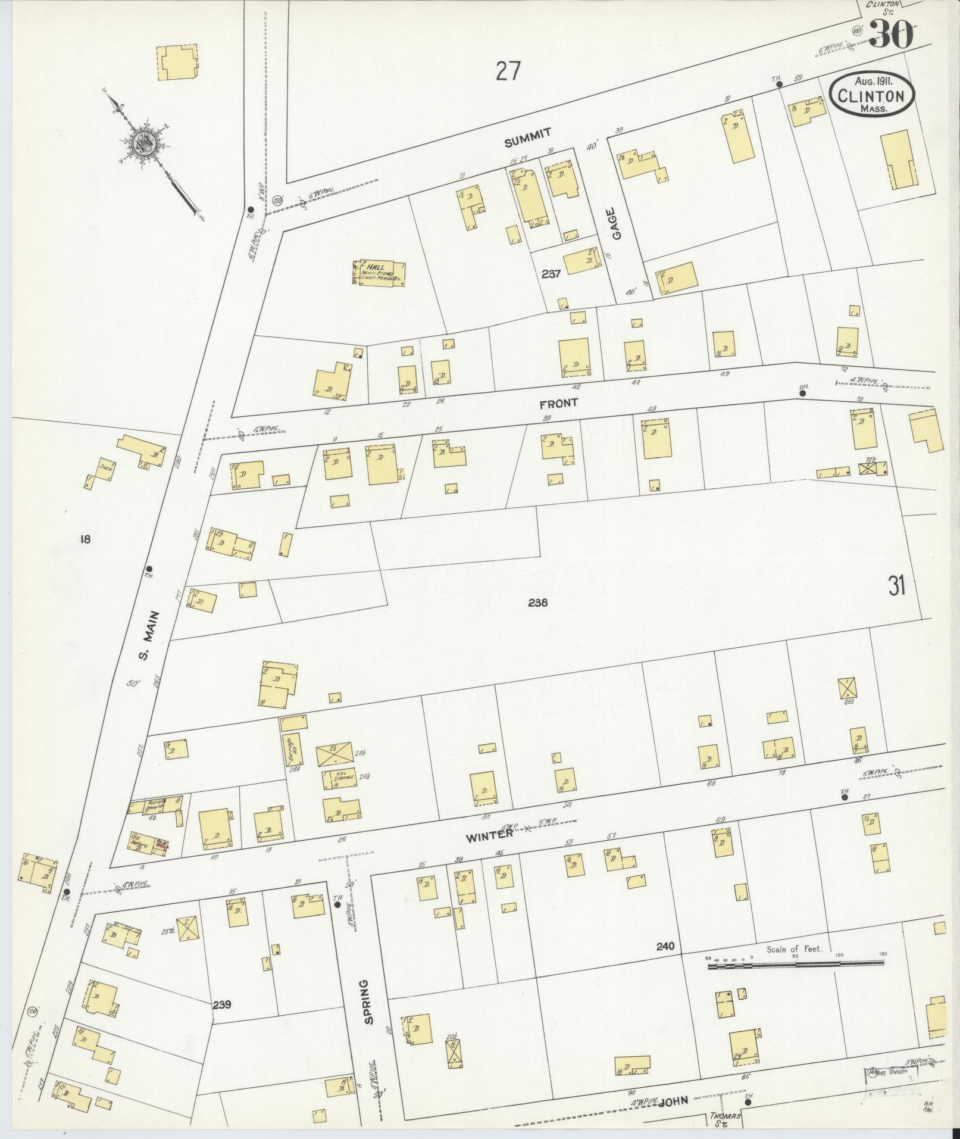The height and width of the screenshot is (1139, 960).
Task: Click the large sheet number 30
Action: pyautogui.click(x=891, y=35)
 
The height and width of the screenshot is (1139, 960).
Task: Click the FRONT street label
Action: pyautogui.click(x=558, y=404)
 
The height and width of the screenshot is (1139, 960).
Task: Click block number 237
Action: pyautogui.click(x=552, y=274)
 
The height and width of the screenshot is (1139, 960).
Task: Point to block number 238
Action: pyautogui.click(x=537, y=603)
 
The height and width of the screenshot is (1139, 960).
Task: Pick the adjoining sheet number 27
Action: pyautogui.click(x=508, y=72)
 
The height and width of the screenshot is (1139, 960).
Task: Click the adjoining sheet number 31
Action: pyautogui.click(x=896, y=586)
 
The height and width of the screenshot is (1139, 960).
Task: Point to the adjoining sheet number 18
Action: pyautogui.click(x=85, y=539)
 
